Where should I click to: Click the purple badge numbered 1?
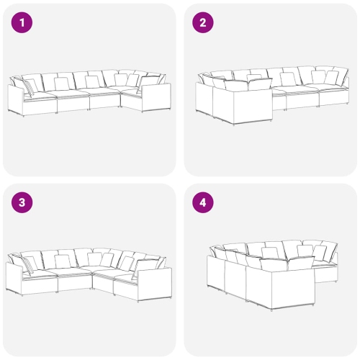click(22, 22)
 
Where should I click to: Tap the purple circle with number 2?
click(203, 22)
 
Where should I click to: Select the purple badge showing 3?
click(22, 202)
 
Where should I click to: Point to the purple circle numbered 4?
click(203, 202)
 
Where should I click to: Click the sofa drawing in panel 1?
click(89, 93)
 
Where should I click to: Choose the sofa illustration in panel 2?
click(272, 96)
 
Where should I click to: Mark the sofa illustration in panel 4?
click(272, 275)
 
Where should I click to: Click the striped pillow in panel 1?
click(30, 88)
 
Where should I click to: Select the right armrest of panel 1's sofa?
click(156, 97)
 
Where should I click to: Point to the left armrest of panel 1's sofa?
click(16, 99)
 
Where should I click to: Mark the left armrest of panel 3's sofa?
click(14, 278)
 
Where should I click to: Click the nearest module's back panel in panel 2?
click(253, 106)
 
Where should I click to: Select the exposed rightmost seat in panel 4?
click(326, 272)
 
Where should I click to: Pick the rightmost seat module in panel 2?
click(334, 95)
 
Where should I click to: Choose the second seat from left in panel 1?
click(73, 102)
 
